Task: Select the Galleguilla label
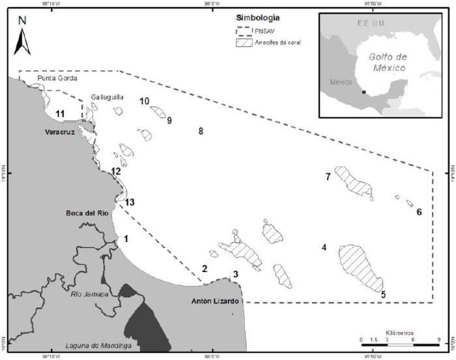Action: pyautogui.click(x=107, y=96)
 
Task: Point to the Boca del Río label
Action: pyautogui.click(x=87, y=213)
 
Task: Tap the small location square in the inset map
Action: pyautogui.click(x=364, y=92)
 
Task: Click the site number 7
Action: pyautogui.click(x=329, y=176)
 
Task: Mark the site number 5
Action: pyautogui.click(x=383, y=295)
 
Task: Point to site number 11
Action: pyautogui.click(x=60, y=114)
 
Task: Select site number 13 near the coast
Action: pyautogui.click(x=130, y=202)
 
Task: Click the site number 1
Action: pyautogui.click(x=126, y=238)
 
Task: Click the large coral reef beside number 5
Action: pyautogui.click(x=360, y=267)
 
